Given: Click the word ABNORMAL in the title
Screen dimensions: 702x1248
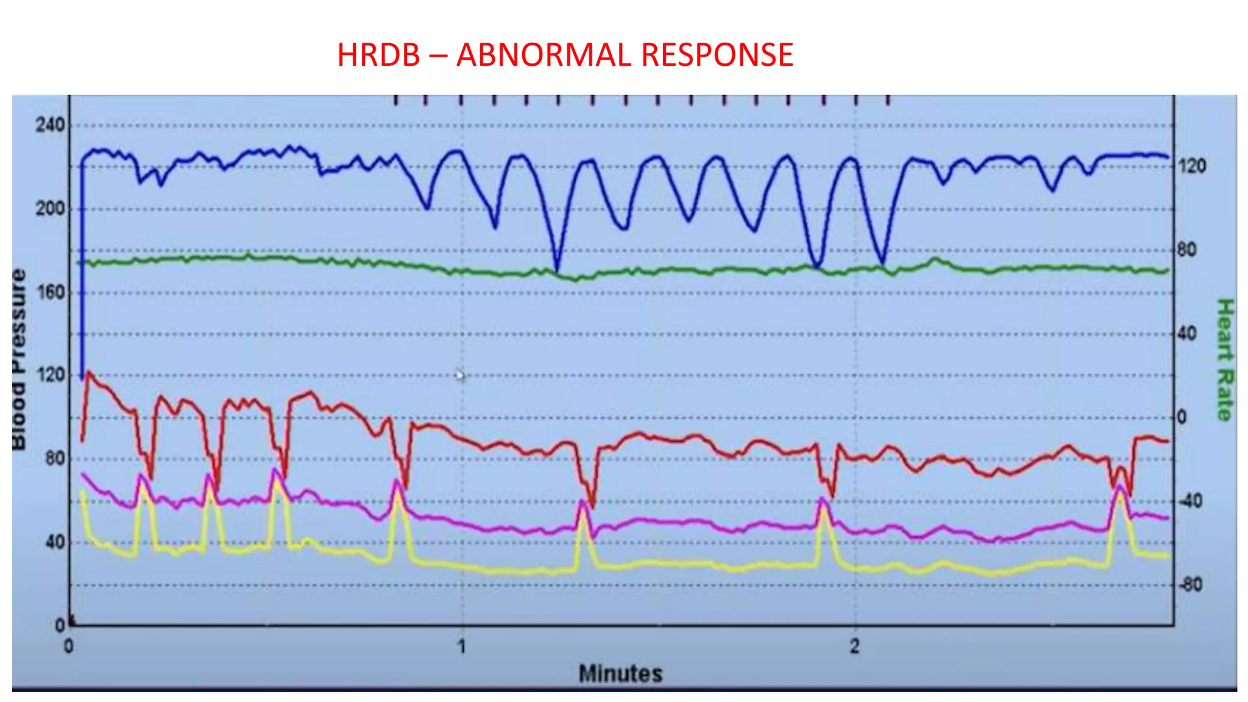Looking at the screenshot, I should (x=544, y=55).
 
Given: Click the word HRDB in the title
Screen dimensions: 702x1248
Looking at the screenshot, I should (x=378, y=55).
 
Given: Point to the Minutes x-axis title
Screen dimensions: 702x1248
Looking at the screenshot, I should (x=620, y=673).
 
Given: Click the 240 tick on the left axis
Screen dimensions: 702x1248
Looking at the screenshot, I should (x=49, y=126).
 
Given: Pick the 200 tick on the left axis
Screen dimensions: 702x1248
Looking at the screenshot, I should (x=49, y=209).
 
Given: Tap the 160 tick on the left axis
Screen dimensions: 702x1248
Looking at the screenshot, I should (x=49, y=292).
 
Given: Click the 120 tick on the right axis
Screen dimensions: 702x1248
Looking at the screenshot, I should (x=1192, y=166).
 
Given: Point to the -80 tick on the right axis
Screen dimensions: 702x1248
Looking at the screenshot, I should (x=1191, y=585).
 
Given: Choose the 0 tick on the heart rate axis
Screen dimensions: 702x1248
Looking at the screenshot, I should (x=1182, y=417).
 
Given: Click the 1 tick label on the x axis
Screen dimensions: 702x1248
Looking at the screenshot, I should (x=462, y=646).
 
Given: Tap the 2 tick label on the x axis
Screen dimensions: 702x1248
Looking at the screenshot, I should (x=855, y=646).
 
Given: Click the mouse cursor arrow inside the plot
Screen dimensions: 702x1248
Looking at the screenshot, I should (x=459, y=375).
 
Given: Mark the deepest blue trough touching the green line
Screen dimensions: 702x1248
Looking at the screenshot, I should (x=556, y=270).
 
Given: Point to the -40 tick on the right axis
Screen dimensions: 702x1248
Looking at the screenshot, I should (x=1191, y=502).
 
